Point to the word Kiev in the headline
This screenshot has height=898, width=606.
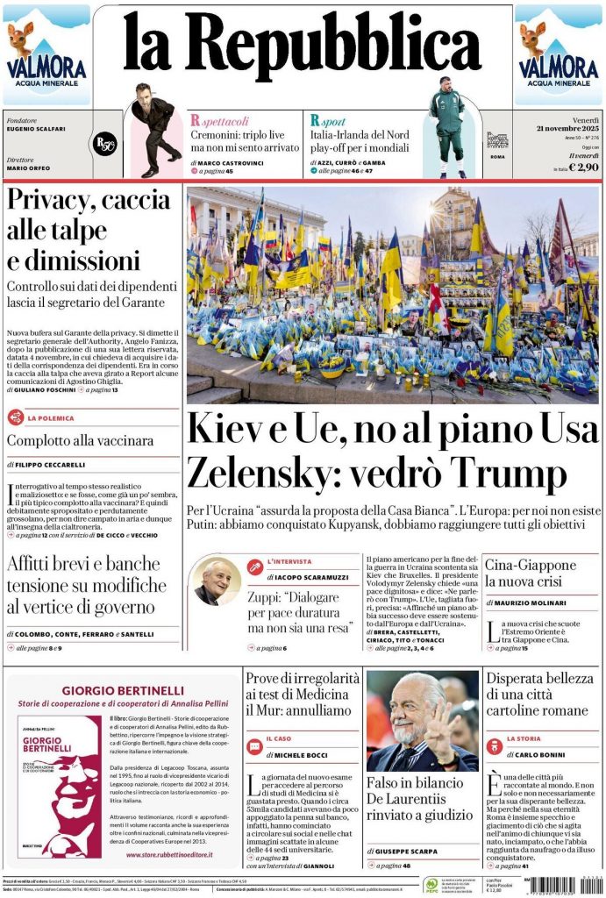pyautogui.click(x=224, y=430)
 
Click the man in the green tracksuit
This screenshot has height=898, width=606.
pyautogui.click(x=447, y=125)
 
